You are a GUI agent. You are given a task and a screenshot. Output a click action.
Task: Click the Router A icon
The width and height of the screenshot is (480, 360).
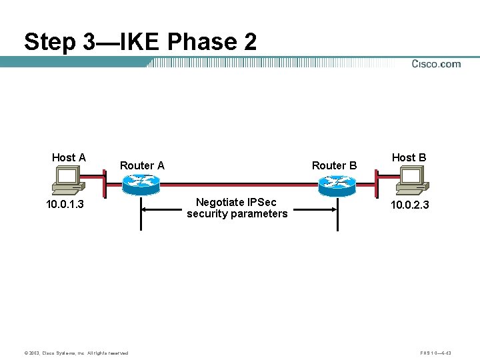[x=141, y=185]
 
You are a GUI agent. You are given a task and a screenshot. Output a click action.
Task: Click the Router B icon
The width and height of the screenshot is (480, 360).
[x=336, y=185]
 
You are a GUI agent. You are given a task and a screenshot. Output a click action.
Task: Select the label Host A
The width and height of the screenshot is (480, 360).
[x=69, y=157]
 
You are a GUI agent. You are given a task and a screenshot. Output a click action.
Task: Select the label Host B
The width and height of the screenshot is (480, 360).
[x=409, y=157]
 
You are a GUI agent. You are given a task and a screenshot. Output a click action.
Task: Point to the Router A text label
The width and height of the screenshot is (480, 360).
[x=142, y=165]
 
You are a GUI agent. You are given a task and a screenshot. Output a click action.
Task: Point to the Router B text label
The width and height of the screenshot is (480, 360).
[x=334, y=165]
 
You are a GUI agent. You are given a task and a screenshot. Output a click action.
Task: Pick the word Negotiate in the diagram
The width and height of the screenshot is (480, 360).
[x=220, y=202]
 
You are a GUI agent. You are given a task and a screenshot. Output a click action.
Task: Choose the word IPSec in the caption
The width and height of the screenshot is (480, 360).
[x=261, y=202]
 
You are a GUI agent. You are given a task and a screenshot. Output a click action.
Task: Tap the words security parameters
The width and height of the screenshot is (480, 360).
[x=237, y=214]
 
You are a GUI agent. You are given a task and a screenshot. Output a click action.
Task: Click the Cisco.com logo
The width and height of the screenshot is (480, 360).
[x=436, y=64]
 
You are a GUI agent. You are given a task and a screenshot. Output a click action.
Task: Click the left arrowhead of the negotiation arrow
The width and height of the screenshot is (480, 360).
[x=145, y=208]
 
